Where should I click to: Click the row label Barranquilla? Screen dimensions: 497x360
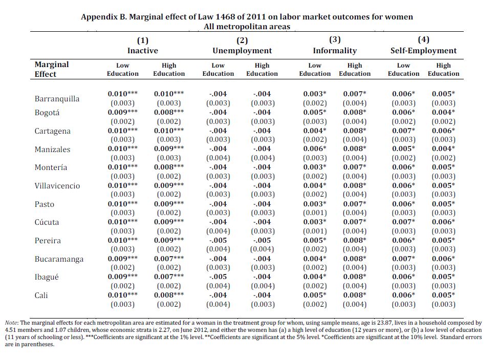point(57,99)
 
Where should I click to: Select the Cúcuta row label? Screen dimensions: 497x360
point(47,222)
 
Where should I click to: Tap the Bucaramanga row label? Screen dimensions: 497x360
point(59,259)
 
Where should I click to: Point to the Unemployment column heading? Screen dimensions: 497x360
point(242,50)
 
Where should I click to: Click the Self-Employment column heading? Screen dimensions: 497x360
point(423,50)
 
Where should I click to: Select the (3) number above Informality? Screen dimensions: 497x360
point(335,39)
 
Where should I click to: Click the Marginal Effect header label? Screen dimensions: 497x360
point(52,69)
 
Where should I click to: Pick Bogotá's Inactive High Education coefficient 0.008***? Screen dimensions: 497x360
point(169,112)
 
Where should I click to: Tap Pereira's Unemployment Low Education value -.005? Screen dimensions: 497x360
point(218,240)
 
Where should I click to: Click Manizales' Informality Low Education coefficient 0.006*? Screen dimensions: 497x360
point(315,149)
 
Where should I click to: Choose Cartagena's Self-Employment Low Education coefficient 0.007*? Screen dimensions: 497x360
point(403,131)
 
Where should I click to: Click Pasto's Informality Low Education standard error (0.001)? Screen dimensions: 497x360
point(315,213)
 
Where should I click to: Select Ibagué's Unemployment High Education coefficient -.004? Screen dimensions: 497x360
point(262,277)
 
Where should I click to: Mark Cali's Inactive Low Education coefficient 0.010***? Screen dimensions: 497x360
point(123,295)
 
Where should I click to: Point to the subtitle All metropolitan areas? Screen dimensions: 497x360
point(247,27)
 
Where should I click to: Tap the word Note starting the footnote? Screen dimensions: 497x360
point(11,323)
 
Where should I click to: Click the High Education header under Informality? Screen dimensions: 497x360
point(355,70)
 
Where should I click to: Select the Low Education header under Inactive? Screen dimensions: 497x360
point(123,70)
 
